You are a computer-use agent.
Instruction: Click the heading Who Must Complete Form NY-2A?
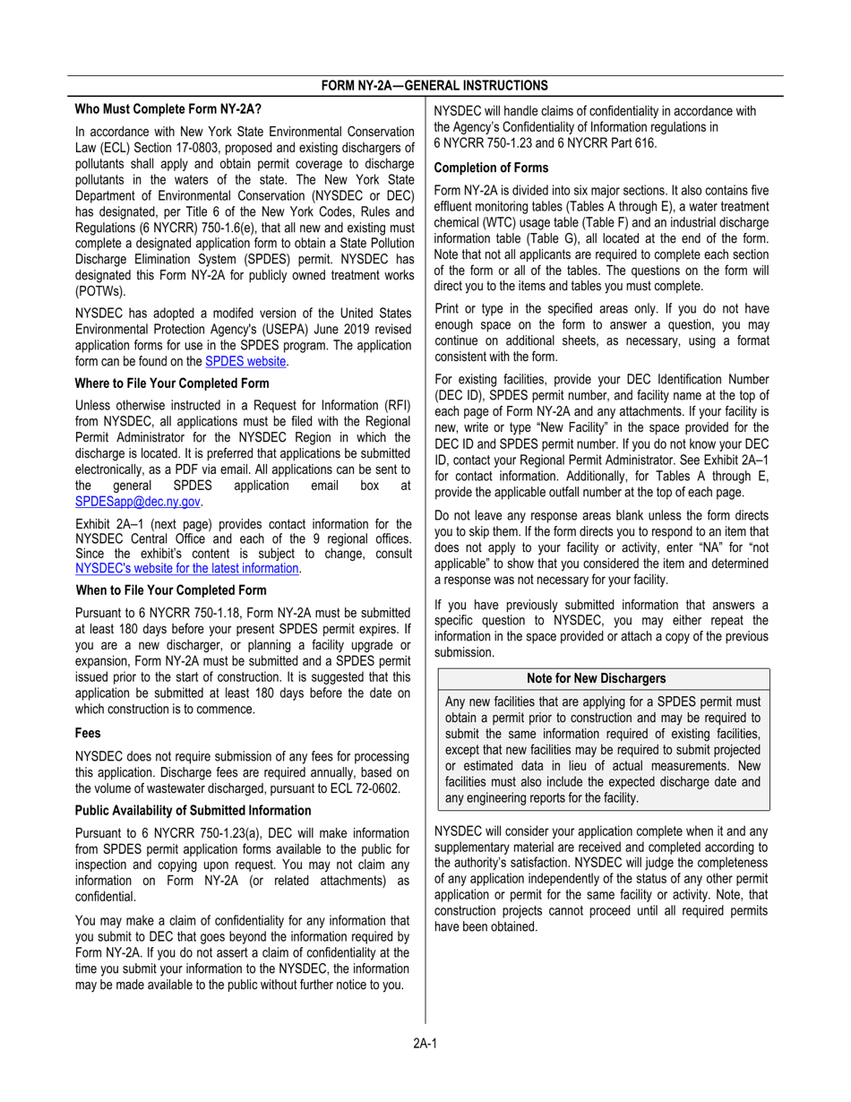point(168,110)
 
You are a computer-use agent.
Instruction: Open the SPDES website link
point(246,361)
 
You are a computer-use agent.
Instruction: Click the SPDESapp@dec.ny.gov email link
point(139,501)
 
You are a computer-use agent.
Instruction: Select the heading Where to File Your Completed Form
point(172,383)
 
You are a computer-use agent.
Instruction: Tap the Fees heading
point(88,732)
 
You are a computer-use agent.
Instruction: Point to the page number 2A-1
point(425,1042)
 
